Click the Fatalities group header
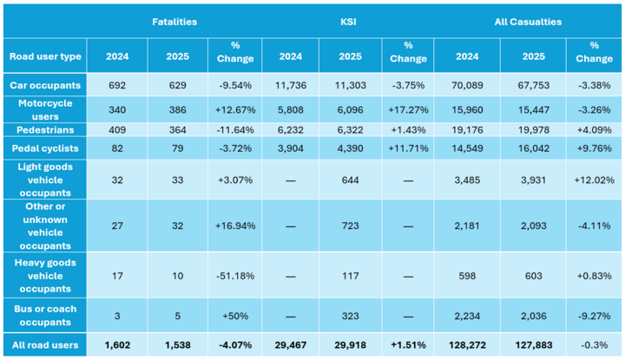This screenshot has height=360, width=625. [x=174, y=22]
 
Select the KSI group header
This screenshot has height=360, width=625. [x=348, y=22]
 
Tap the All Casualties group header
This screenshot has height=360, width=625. [x=528, y=22]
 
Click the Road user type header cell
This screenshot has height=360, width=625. [x=45, y=56]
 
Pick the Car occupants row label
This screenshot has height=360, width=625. [x=45, y=85]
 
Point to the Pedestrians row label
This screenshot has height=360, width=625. [x=45, y=130]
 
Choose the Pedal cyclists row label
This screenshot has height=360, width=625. [x=45, y=148]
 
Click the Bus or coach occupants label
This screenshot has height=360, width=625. [x=45, y=316]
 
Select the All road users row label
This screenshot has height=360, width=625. [x=45, y=345]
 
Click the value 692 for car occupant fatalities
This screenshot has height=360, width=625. [x=117, y=85]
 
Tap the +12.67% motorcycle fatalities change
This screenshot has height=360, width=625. [x=235, y=110]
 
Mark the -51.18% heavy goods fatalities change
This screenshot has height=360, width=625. [x=235, y=276]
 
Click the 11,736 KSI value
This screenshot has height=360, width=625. [x=291, y=85]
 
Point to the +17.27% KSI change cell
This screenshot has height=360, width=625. [x=408, y=110]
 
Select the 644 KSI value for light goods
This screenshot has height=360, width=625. [x=351, y=180]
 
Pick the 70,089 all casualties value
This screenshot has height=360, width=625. [x=467, y=85]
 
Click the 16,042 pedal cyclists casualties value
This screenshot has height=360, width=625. [x=534, y=148]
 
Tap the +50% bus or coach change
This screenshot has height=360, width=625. [x=235, y=316]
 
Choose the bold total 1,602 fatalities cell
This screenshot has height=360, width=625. [x=117, y=345]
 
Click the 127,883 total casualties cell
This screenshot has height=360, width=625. [x=534, y=345]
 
